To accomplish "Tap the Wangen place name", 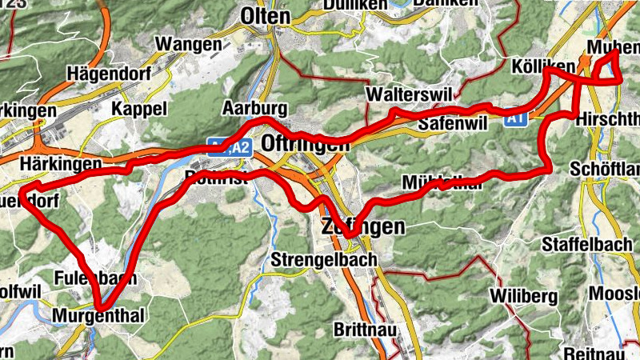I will point(189,44).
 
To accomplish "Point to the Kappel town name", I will point(139,108).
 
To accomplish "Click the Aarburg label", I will point(254,108).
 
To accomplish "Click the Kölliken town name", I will point(541,66).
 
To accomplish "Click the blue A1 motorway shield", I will point(516,118).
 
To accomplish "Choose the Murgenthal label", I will point(98,316).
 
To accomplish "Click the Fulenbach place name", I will point(90,278).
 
